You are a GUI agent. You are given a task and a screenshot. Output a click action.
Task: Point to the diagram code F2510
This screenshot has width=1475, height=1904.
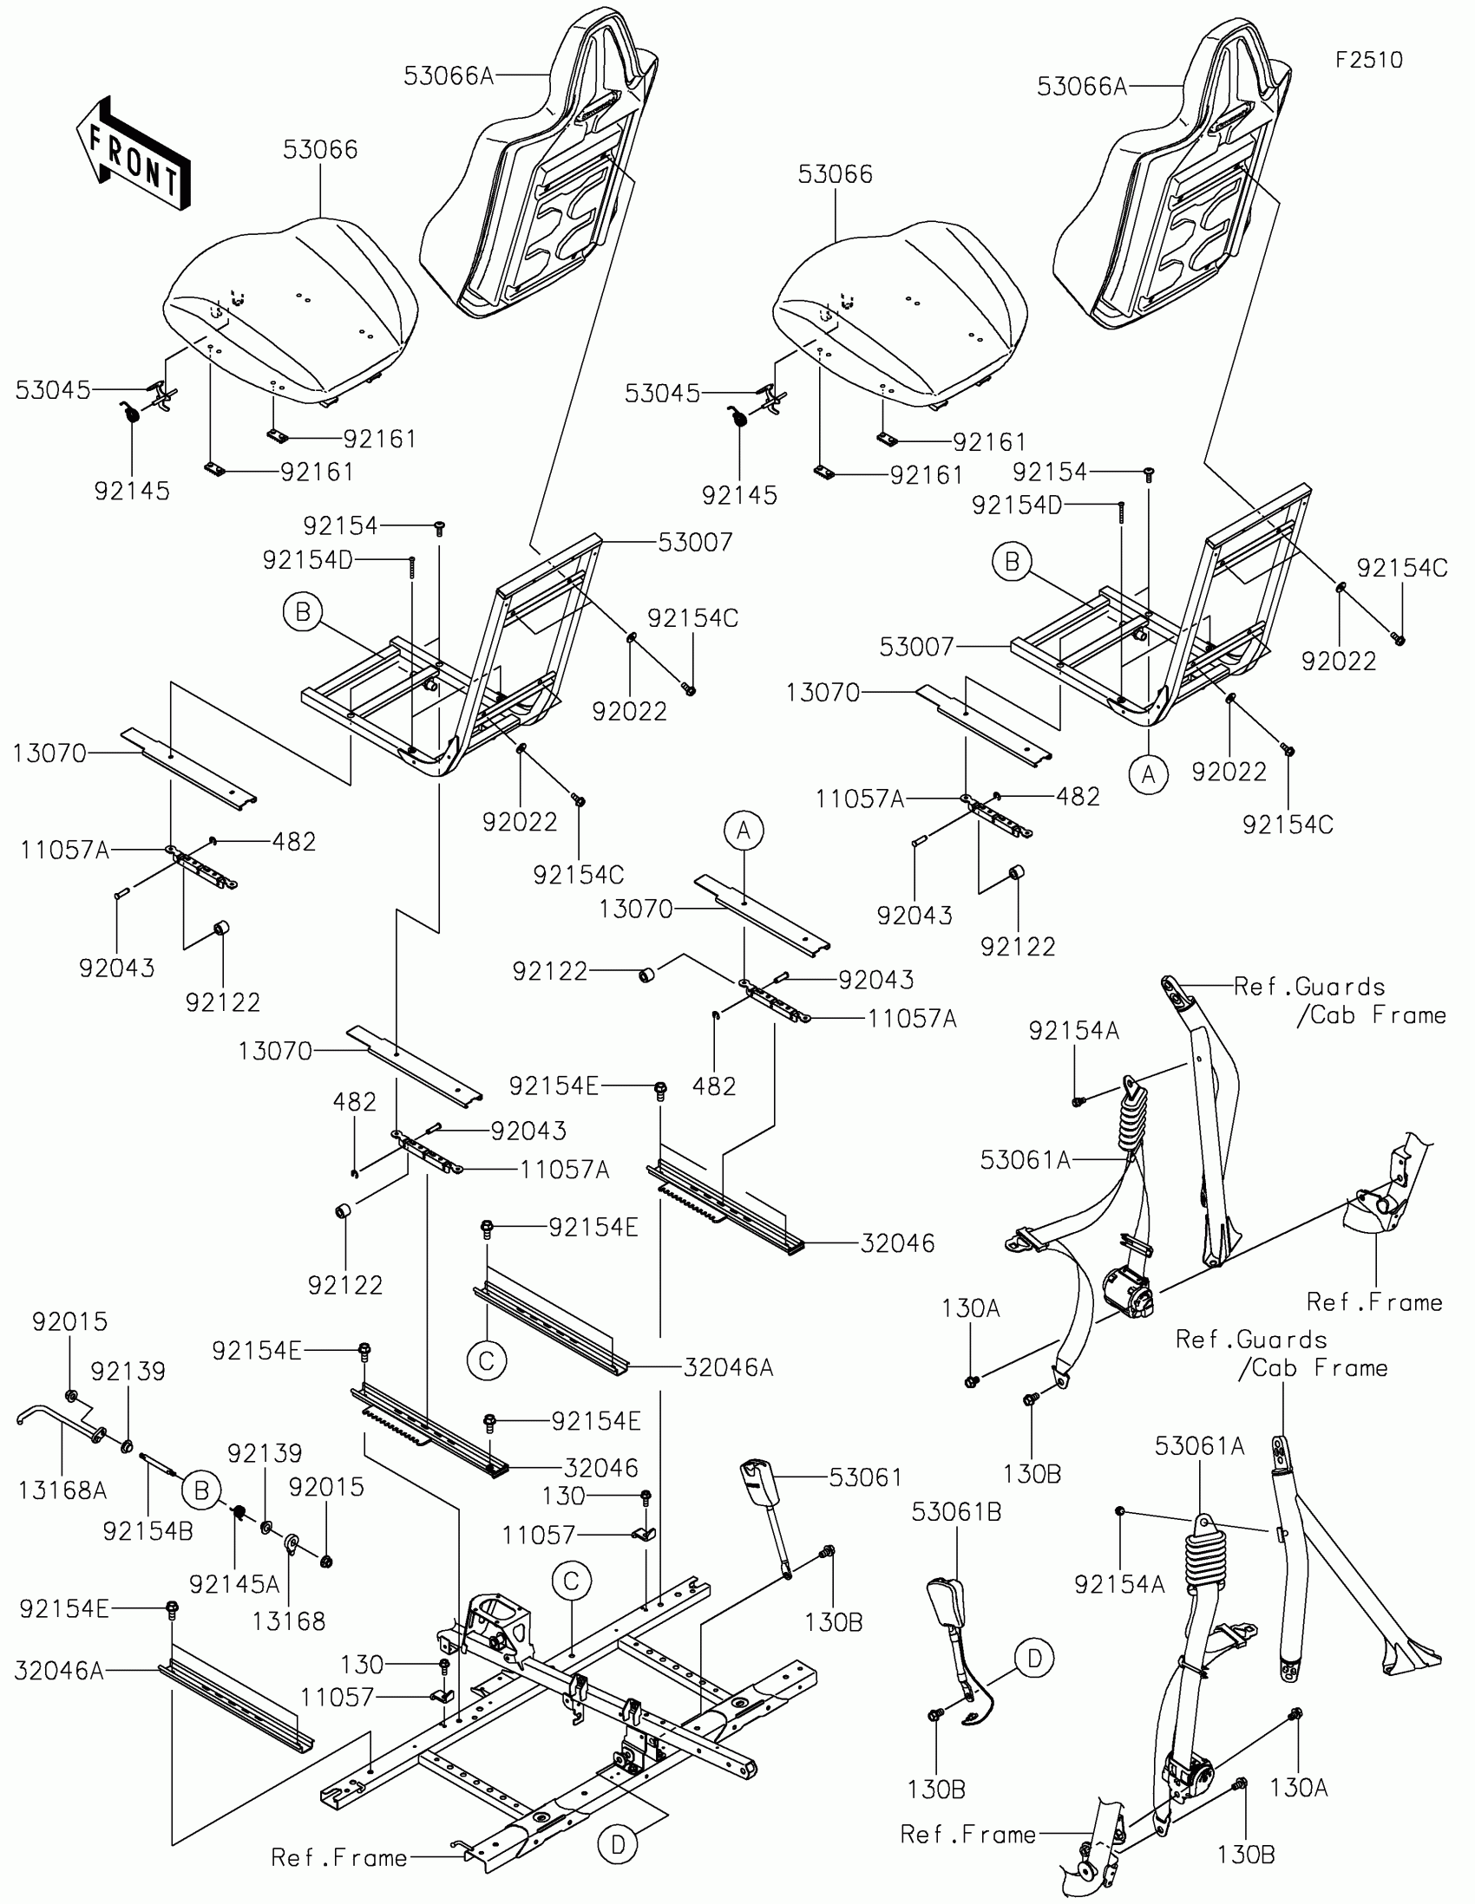tap(1368, 60)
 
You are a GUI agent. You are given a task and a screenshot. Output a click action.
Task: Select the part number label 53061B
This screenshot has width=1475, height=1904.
tap(956, 1512)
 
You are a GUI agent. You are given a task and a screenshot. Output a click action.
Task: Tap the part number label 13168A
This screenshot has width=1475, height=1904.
tap(62, 1490)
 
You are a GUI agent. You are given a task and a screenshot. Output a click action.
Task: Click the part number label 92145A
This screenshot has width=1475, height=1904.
tap(233, 1584)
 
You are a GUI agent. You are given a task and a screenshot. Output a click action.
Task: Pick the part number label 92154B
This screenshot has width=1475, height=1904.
tap(147, 1531)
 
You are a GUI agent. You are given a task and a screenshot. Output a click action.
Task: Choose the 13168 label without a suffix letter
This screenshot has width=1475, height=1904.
tap(288, 1620)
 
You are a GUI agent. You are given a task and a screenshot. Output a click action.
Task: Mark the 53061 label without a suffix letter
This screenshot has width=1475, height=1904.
tap(865, 1477)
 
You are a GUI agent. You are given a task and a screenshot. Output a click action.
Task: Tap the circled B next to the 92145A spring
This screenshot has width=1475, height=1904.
tap(201, 1490)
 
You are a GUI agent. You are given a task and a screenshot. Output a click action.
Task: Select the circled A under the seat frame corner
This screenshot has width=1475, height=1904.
tap(1148, 774)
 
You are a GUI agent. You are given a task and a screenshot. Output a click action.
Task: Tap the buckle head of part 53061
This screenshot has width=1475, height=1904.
tap(756, 1476)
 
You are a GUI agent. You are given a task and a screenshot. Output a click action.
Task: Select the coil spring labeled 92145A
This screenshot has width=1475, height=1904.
tap(235, 1513)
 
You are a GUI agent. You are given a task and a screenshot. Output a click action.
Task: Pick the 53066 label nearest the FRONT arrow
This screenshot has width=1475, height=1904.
tap(320, 150)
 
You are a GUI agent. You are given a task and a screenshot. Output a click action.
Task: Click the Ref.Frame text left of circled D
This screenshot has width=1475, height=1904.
tap(338, 1858)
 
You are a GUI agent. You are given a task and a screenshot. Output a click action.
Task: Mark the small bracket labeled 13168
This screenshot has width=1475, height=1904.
tap(291, 1544)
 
